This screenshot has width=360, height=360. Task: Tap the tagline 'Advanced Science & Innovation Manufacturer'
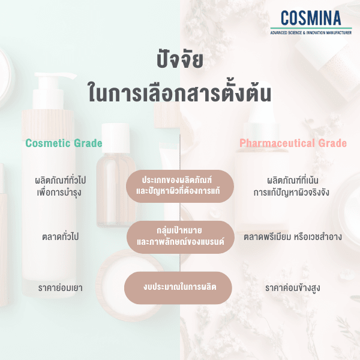[x=310, y=31]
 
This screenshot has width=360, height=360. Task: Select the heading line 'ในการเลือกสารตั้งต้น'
[x=179, y=94]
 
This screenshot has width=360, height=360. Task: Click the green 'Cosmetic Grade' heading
[x=64, y=143]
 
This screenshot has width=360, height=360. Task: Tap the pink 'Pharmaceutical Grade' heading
[x=293, y=143]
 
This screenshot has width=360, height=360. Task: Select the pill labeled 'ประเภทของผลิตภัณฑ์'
[x=179, y=185]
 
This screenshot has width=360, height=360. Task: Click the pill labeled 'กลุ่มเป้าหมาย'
[x=179, y=236]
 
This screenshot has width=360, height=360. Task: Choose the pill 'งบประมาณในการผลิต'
[x=179, y=287]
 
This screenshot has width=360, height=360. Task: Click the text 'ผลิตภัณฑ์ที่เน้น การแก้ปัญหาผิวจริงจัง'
[x=292, y=186]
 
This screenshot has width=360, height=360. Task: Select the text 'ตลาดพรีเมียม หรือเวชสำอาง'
[x=292, y=236]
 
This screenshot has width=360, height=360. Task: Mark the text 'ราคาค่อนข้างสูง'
[x=292, y=288]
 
